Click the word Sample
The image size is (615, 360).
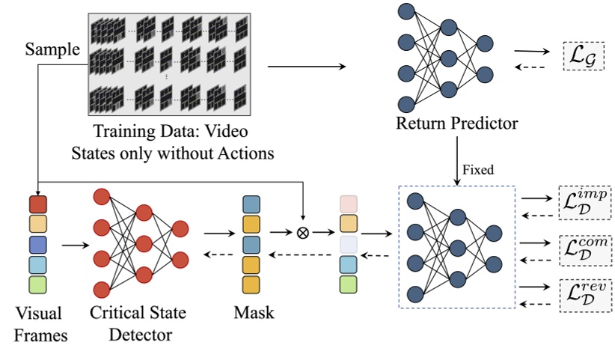point(53,49)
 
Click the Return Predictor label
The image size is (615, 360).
point(457,121)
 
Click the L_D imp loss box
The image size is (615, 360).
point(584,202)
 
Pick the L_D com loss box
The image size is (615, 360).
point(584,247)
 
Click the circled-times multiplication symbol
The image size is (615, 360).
point(303,232)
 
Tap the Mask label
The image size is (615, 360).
point(252,312)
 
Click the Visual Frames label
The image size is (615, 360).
point(38,323)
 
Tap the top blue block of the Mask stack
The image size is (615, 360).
point(251,204)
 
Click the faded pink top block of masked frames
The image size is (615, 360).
point(349,204)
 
